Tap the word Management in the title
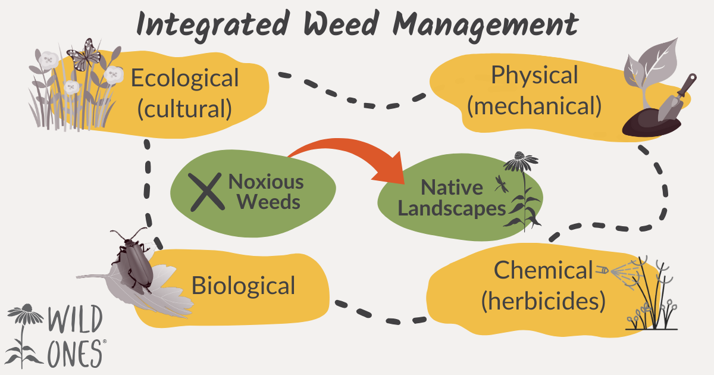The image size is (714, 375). (x=483, y=25)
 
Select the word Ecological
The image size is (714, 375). (x=184, y=78)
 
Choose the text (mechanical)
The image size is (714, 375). (x=534, y=105)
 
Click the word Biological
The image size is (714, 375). (x=243, y=286)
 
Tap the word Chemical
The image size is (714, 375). (x=543, y=271)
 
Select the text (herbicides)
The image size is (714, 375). (x=543, y=301)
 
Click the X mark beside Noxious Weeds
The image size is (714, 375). (x=205, y=192)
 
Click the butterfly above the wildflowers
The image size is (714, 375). (x=84, y=55)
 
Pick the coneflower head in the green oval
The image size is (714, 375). (x=520, y=160)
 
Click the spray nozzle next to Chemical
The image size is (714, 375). (x=604, y=270)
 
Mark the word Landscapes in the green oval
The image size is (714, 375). (x=452, y=208)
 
